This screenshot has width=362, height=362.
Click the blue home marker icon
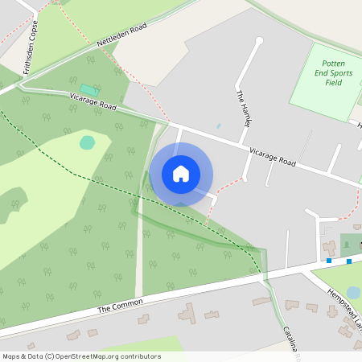(181, 174)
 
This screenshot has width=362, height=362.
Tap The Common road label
(120, 306)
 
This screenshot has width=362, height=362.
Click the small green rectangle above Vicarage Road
(87, 88)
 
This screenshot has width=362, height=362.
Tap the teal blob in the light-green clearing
(87, 142)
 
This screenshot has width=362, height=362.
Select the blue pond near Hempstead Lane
(353, 292)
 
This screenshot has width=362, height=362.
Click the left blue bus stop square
(329, 261)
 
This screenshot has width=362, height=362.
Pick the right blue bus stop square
(349, 260)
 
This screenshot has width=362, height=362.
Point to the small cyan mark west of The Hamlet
(218, 126)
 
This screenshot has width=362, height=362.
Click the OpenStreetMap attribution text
(81, 356)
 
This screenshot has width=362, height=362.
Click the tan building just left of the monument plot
(330, 247)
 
